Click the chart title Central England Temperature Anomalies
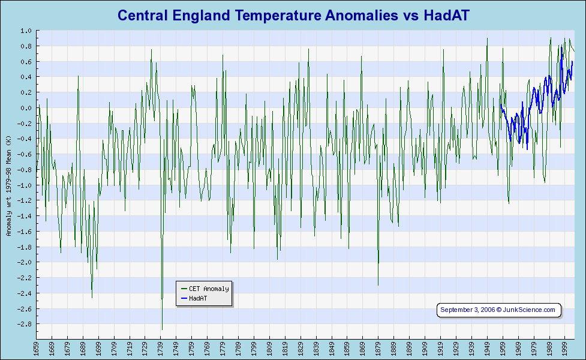293,15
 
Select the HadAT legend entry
197,298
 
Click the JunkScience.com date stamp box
498,310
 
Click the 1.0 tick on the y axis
26,31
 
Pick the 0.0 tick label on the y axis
26,108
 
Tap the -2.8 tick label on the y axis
25,324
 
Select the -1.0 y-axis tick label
25,185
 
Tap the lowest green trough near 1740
162,329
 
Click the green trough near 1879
378,285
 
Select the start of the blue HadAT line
500,105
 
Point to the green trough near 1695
92,298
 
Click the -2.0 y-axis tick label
25,262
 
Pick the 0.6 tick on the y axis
26,62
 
